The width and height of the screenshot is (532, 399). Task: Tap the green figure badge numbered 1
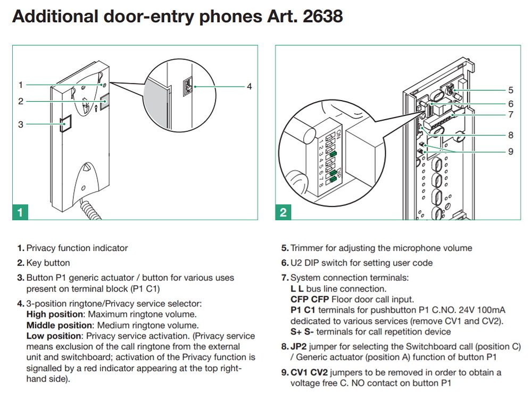20,212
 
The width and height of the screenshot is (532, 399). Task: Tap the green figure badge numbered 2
283,212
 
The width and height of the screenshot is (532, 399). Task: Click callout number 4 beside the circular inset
249,86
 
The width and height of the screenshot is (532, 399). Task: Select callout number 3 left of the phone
20,124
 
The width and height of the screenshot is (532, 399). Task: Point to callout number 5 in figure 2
510,90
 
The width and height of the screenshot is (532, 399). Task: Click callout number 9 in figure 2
510,152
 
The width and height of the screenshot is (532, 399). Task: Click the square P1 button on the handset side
65,124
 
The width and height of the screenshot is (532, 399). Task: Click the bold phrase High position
52,314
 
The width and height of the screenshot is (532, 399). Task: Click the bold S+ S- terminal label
301,332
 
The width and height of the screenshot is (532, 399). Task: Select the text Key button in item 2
48,263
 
